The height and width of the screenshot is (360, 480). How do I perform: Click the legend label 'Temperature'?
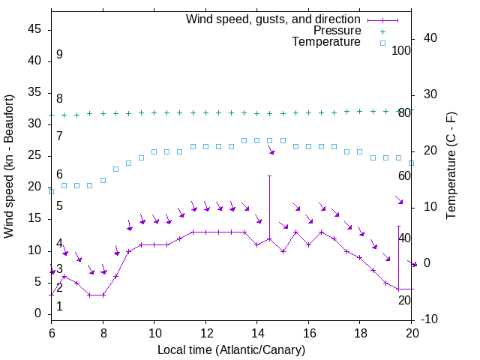pos(326,42)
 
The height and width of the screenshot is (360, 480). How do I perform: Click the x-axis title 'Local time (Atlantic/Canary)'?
pos(231,350)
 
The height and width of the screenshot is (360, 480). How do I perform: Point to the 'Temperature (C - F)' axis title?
pos(451,166)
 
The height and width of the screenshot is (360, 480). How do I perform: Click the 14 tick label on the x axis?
pos(256,331)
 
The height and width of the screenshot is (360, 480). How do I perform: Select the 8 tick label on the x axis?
pos(103,331)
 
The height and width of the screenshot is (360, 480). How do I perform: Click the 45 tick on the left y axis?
pos(34,29)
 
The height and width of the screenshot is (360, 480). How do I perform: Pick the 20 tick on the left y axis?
pos(34,187)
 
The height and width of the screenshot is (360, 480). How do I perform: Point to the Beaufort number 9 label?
pos(59,55)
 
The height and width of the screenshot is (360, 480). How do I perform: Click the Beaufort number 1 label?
pos(59,306)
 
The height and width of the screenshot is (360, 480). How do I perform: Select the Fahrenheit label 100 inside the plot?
pos(402,50)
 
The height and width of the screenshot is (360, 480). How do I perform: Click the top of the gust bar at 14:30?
pos(270,175)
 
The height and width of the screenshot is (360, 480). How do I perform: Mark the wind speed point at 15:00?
pos(283,250)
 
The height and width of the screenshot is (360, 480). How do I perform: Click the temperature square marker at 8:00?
pos(103,180)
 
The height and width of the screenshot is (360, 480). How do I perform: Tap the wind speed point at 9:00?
pos(128,251)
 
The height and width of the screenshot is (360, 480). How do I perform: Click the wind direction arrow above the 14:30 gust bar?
pos(271,151)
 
